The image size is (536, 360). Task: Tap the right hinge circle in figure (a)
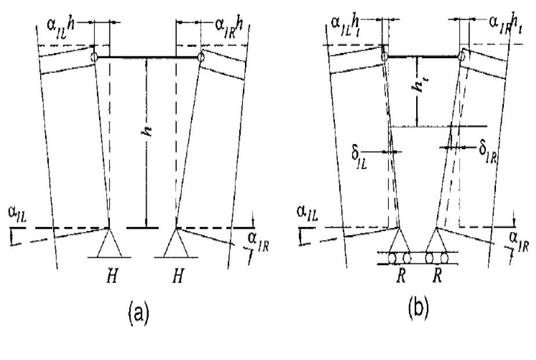pos(200,57)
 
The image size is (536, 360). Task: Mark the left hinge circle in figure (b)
pos(384,56)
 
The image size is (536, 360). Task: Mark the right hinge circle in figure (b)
pos(463,56)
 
